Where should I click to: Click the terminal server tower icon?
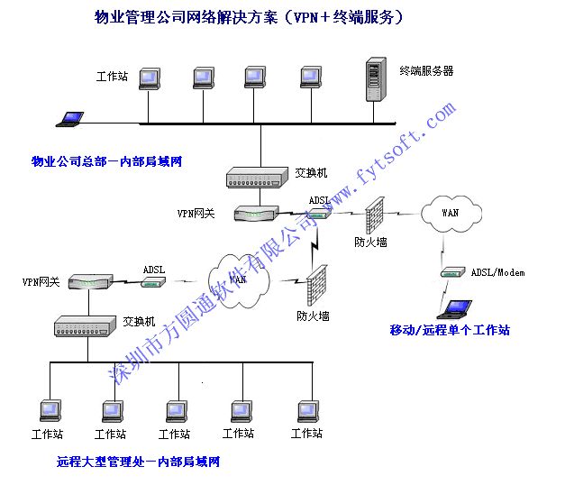pos(376,79)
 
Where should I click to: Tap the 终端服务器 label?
pos(426,70)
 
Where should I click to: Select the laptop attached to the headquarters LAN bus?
pos(70,119)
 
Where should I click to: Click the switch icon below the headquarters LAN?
pos(258,178)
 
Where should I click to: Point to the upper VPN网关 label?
pos(196,214)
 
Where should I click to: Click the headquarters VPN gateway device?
pos(256,213)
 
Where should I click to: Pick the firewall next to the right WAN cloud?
pos(375,215)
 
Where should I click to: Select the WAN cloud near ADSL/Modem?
pos(451,214)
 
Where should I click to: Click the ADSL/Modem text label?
pos(497,272)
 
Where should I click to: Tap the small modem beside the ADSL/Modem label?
pos(452,272)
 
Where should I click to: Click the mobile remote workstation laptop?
pos(454,310)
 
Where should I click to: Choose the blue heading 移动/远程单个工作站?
pos(450,330)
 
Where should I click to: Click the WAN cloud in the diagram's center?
pos(239,281)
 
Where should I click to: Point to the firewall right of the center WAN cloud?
pos(316,285)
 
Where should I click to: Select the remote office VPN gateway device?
pos(90,281)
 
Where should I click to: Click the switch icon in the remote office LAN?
pos(85,326)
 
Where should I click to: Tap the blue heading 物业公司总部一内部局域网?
pos(106,161)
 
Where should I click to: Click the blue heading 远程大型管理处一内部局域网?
pos(138,462)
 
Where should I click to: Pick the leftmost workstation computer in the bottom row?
pos(50,411)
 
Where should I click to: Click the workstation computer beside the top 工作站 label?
pos(150,78)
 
